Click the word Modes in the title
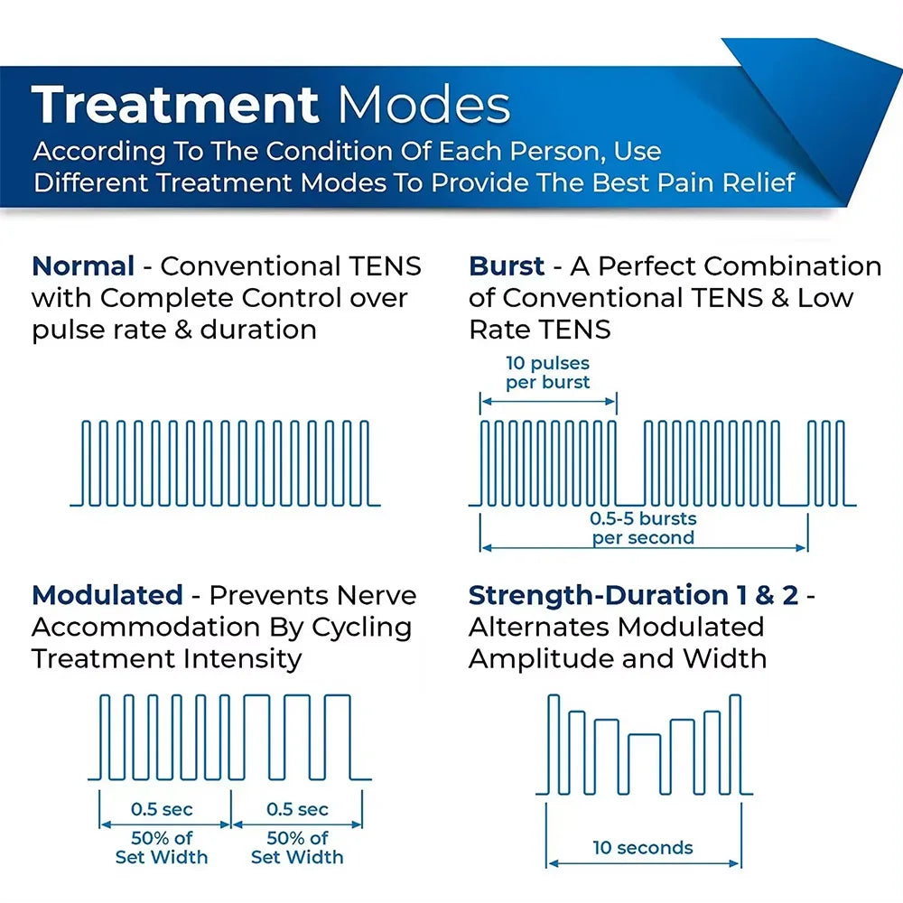(x=424, y=106)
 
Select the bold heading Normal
(x=83, y=266)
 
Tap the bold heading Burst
(x=507, y=266)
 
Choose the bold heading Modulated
(x=107, y=595)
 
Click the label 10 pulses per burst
(x=547, y=372)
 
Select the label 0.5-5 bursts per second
(x=643, y=528)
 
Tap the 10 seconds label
(x=643, y=848)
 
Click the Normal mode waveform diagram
(x=226, y=462)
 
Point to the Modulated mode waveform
(x=229, y=736)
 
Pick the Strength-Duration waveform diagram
(x=644, y=745)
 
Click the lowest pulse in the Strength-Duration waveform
(x=644, y=763)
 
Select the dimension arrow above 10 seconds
(x=644, y=864)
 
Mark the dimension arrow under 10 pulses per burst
(x=548, y=401)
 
